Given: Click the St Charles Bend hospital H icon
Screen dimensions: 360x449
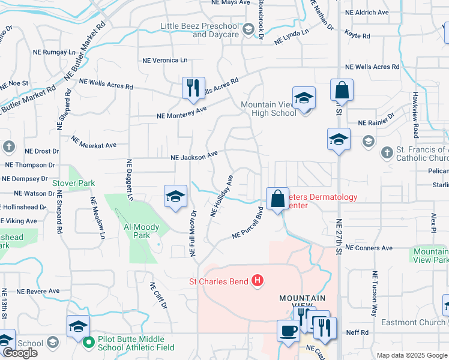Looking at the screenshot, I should coord(257,280).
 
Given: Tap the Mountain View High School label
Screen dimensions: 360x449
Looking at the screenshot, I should coord(268,109).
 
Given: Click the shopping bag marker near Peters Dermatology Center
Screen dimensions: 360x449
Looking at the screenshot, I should coord(277,199).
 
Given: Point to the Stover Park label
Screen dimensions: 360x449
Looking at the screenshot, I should coord(82,182).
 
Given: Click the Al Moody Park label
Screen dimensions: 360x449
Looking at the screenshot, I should coord(141,232).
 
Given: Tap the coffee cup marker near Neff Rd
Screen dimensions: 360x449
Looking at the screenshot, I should coord(288,331).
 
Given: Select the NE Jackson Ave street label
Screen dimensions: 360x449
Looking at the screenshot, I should coord(194,157).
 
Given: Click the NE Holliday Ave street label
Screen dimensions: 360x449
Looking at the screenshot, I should coord(221,196).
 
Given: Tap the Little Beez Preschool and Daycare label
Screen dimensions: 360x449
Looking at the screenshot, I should coord(199,30).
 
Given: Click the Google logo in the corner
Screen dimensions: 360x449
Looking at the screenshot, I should coord(20,352).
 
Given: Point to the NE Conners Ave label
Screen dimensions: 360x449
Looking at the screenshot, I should coord(369,248).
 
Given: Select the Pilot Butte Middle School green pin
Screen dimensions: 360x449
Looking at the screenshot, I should coord(89,342).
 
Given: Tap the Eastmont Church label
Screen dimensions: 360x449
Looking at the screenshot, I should coord(417,322).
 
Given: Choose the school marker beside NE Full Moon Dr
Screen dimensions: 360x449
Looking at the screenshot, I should coord(175,196).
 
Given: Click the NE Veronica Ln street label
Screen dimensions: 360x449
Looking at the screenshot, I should coord(164,61).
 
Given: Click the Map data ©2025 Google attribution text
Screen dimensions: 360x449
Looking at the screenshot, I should coord(411,355).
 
